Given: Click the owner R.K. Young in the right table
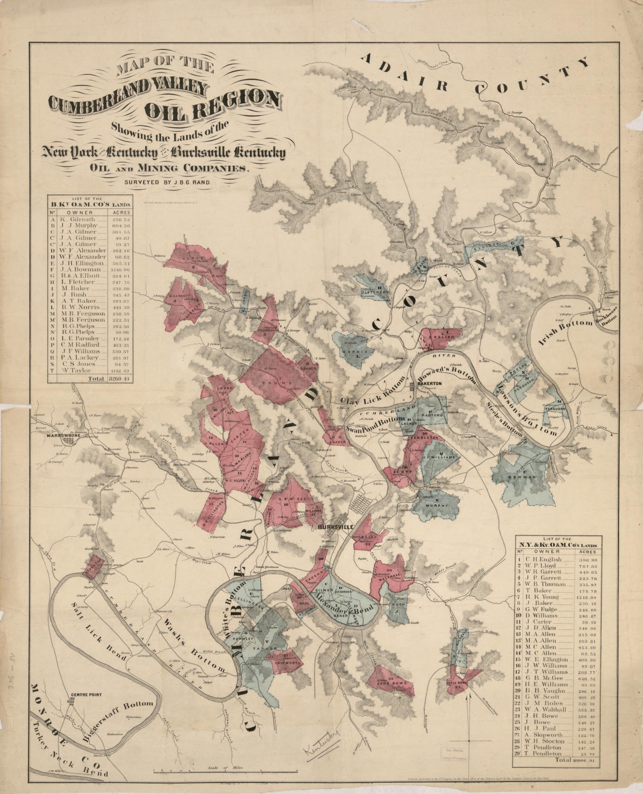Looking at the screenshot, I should tap(545, 598).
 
